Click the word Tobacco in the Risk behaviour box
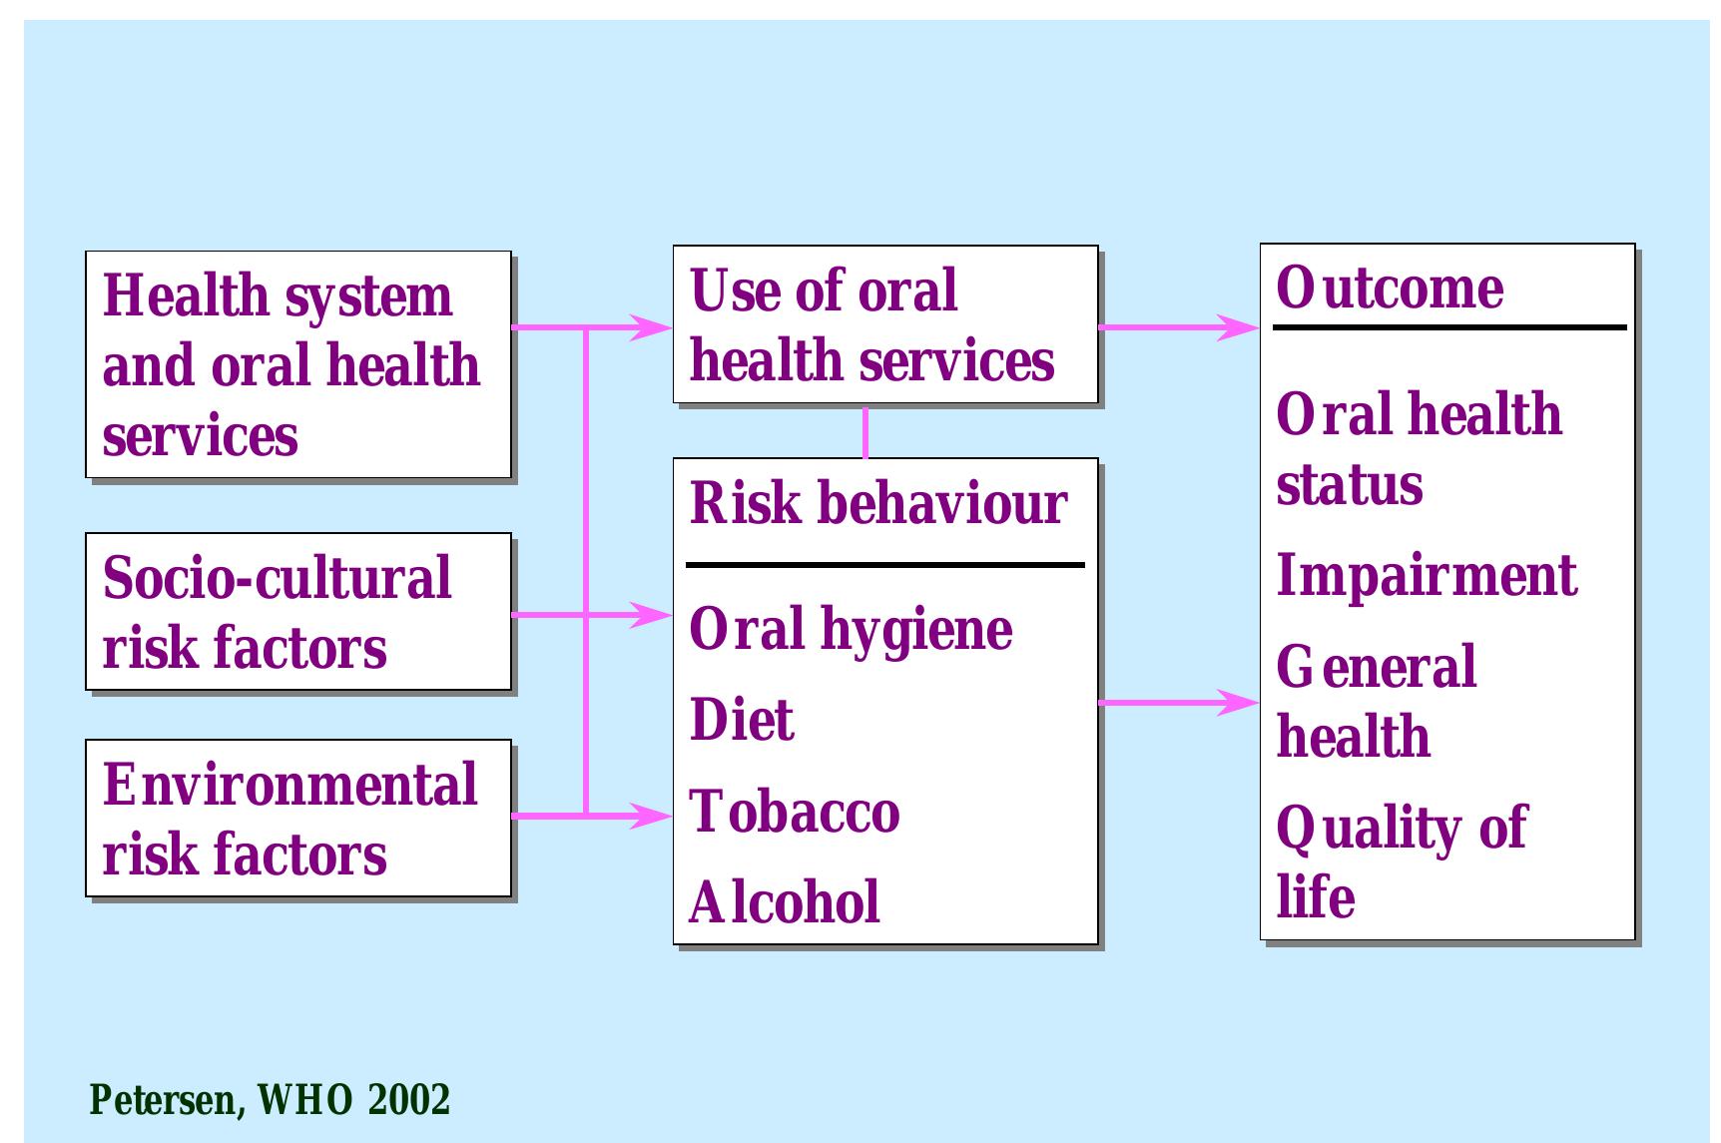[x=795, y=812]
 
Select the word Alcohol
[x=785, y=902]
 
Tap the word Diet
[x=742, y=721]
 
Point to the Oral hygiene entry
[x=851, y=629]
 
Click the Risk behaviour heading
[x=878, y=503]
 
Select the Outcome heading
[x=1390, y=288]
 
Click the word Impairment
[x=1427, y=576]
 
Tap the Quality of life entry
[x=1401, y=861]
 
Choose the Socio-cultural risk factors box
[x=297, y=612]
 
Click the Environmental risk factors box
[x=297, y=819]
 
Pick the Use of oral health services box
[x=884, y=324]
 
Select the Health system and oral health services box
[x=297, y=365]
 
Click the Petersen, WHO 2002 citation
[x=270, y=1100]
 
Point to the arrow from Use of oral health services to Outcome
[x=1178, y=326]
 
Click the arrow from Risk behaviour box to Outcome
[x=1178, y=703]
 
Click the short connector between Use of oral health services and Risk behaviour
[x=865, y=431]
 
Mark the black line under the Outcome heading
[x=1449, y=327]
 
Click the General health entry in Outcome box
[x=1376, y=702]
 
